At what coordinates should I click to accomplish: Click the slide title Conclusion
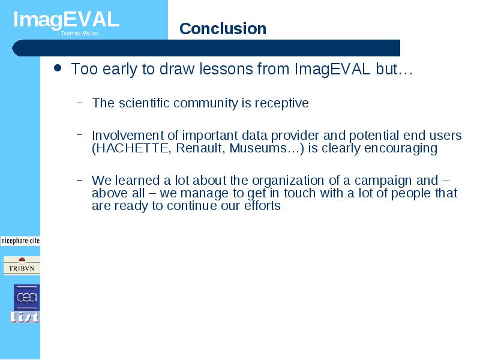(223, 29)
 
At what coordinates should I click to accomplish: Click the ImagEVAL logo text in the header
(66, 20)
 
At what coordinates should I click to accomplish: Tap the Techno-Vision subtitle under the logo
(79, 34)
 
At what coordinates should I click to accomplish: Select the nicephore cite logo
(20, 241)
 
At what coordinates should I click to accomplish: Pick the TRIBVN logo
(22, 266)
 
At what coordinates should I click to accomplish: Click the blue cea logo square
(26, 297)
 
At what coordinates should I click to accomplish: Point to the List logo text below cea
(25, 317)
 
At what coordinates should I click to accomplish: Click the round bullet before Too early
(57, 68)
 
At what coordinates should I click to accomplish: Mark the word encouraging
(401, 149)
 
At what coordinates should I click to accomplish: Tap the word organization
(288, 181)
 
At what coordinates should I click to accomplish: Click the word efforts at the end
(262, 205)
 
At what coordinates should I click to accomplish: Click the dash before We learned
(80, 180)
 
